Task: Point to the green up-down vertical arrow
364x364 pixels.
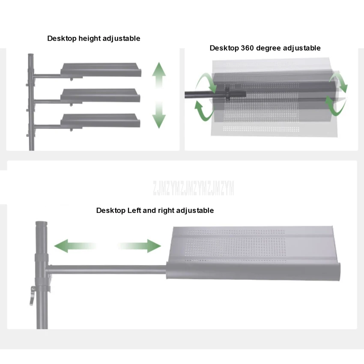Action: point(159,95)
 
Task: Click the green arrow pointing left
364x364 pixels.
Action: point(73,246)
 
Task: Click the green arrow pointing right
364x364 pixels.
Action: point(141,246)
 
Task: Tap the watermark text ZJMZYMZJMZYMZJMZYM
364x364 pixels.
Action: point(194,188)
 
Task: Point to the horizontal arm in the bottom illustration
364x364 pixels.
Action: point(107,270)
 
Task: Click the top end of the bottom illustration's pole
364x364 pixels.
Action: point(41,224)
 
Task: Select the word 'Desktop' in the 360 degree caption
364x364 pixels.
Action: point(224,48)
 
